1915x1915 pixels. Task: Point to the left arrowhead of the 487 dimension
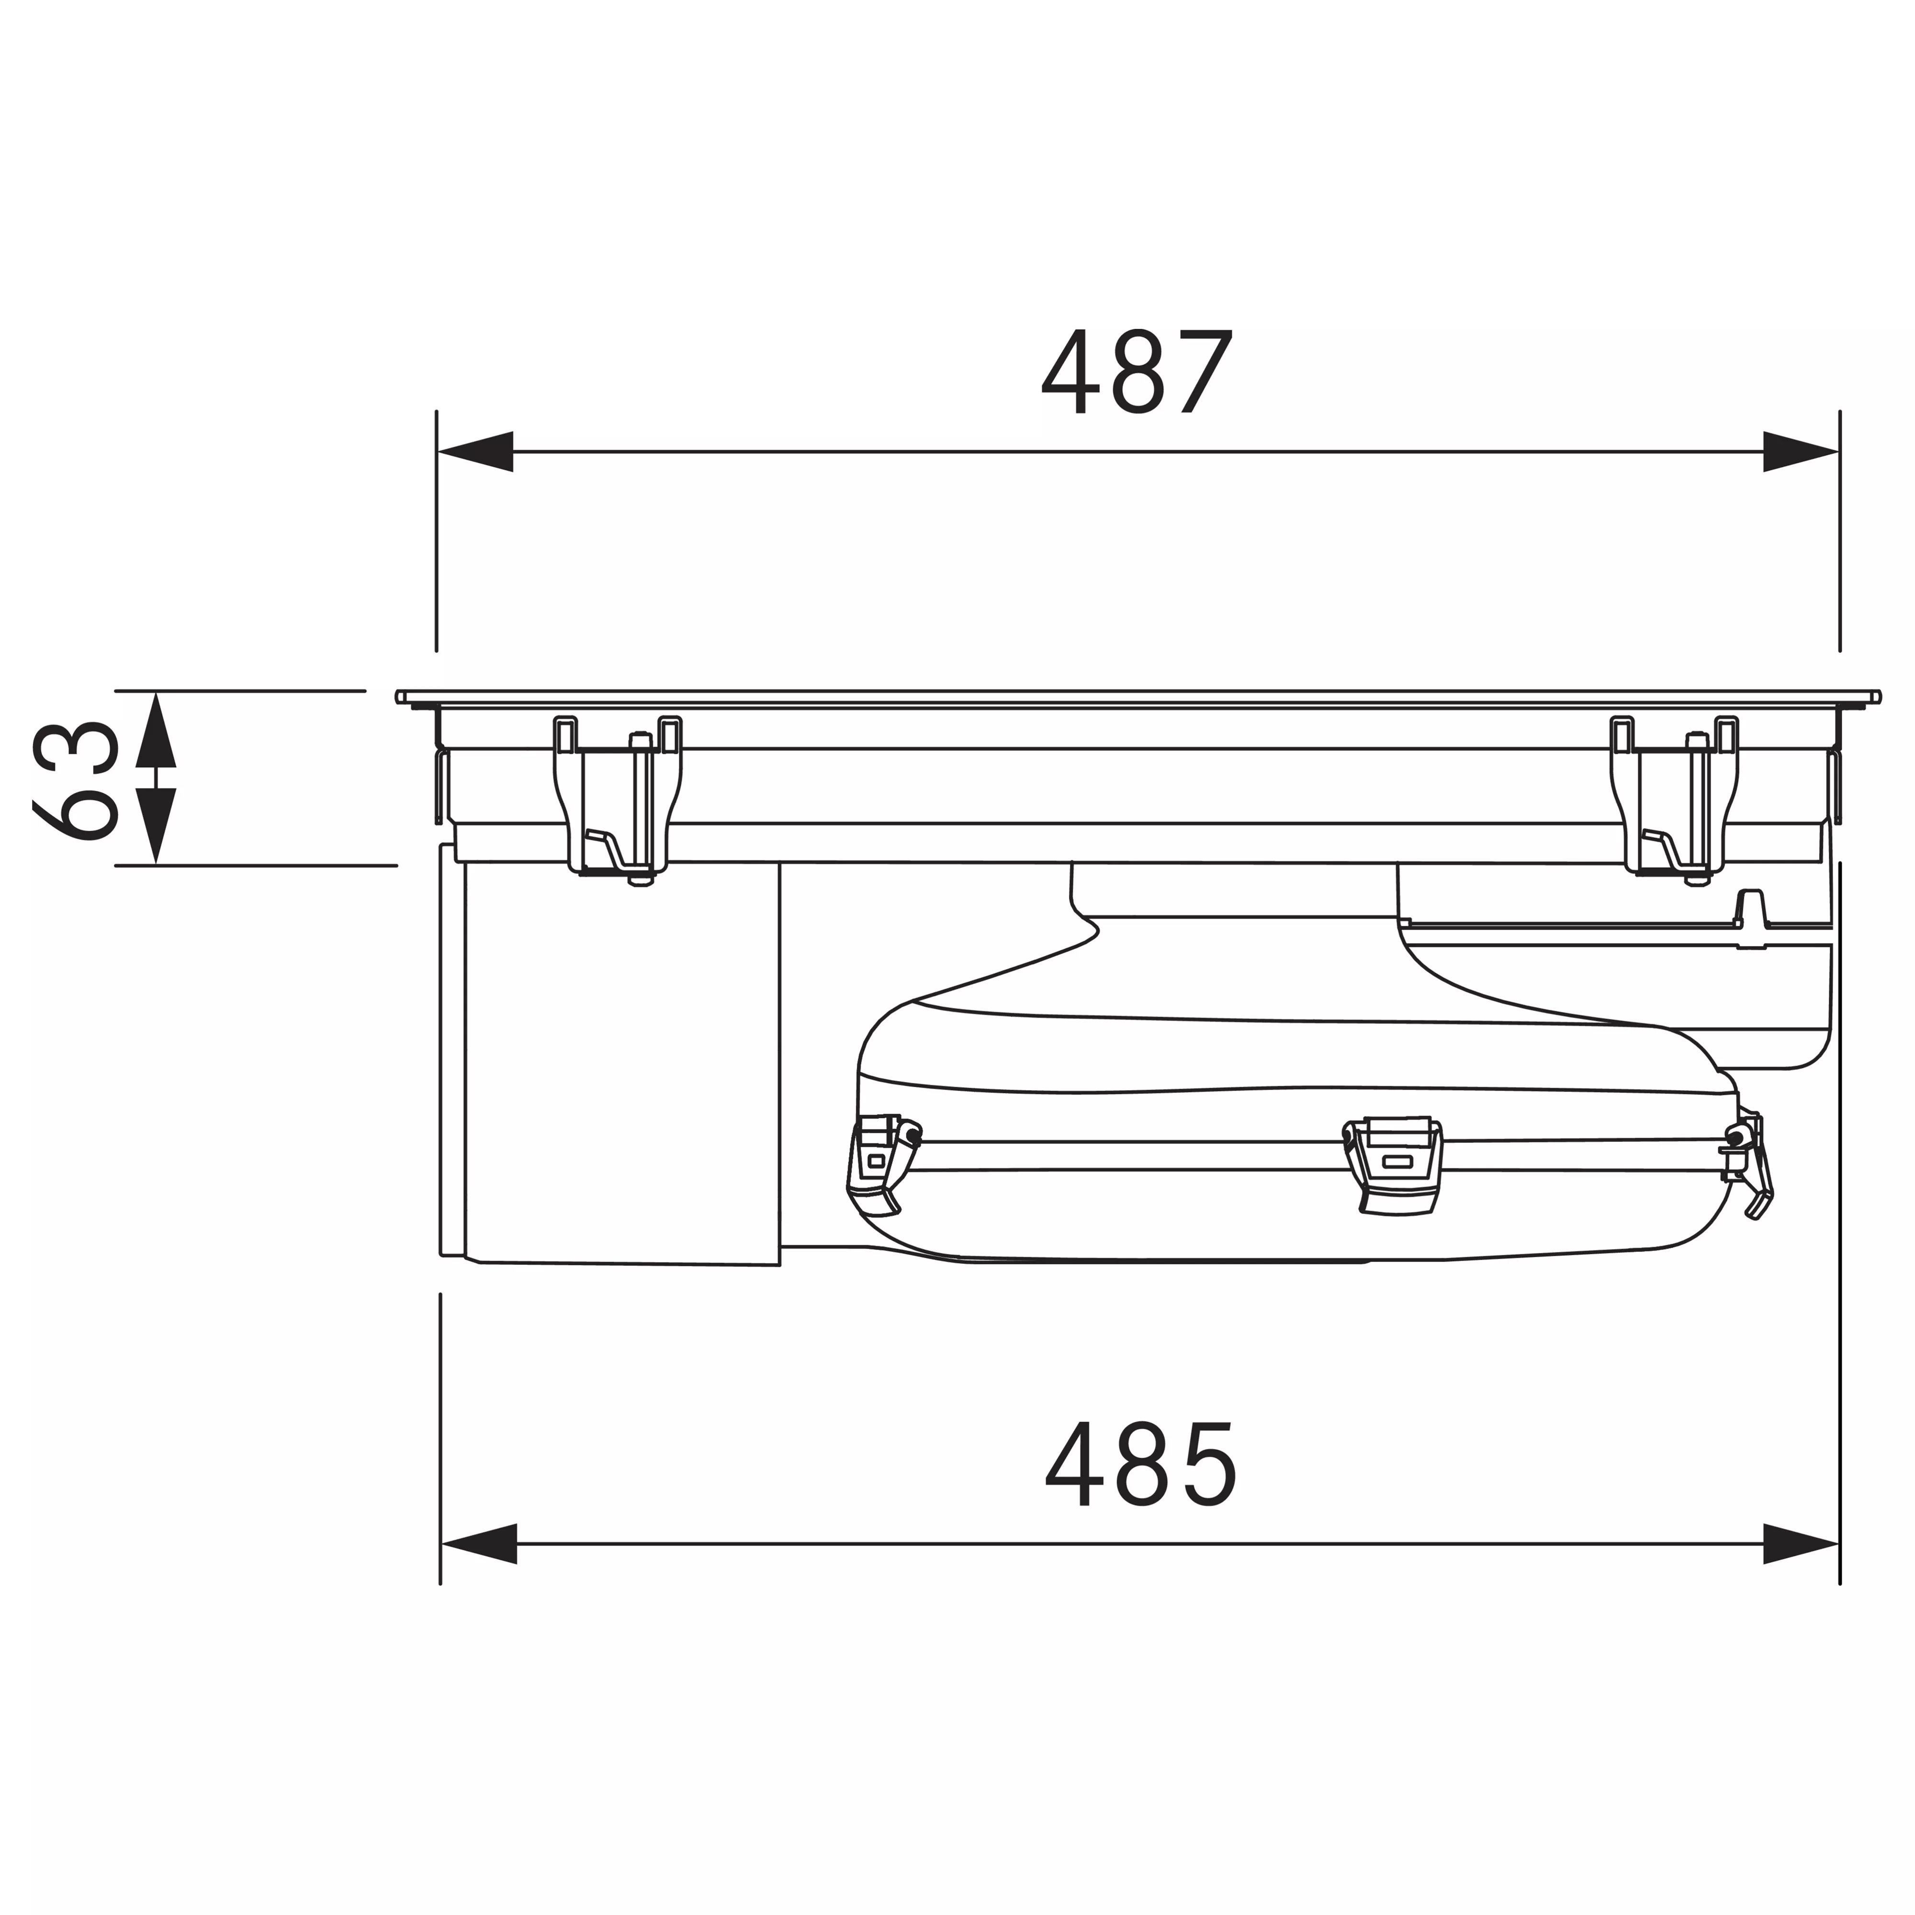click(x=476, y=452)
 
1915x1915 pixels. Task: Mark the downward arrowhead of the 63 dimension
click(x=156, y=827)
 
